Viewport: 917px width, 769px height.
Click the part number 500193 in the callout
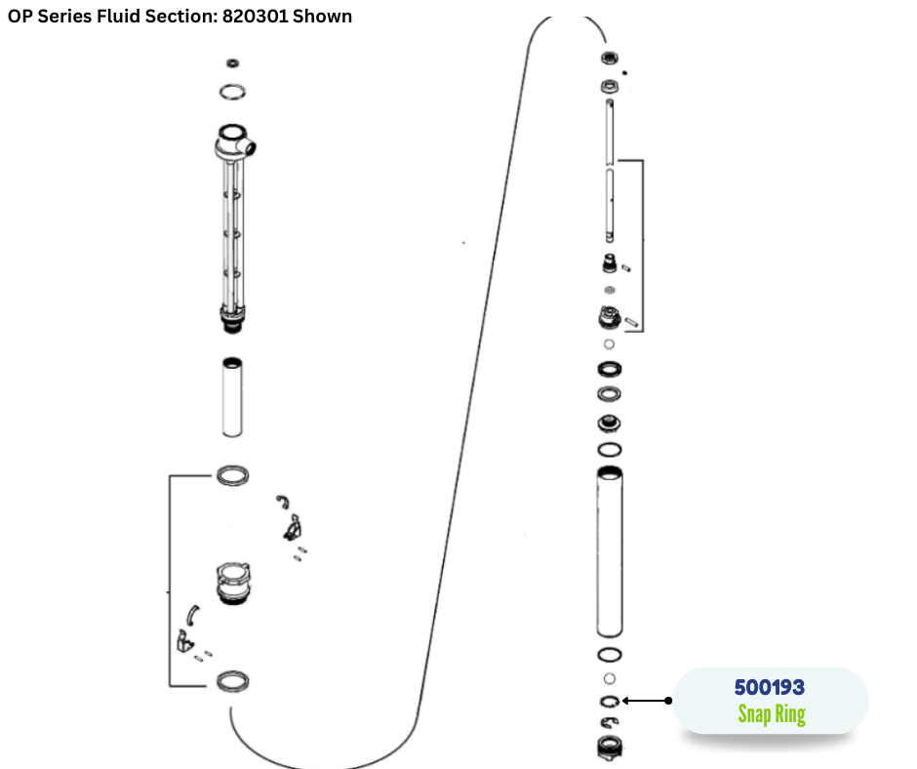pos(769,687)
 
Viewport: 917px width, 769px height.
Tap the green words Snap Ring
pos(772,714)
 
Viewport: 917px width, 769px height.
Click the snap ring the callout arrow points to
pos(610,701)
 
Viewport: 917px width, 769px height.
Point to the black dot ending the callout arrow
pos(668,701)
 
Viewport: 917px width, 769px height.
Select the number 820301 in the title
pos(255,17)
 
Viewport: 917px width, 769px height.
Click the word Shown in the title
pos(322,17)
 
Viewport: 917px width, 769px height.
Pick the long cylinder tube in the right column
pos(610,551)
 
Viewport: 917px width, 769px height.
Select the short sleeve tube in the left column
pos(232,397)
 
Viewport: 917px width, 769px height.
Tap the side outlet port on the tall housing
pos(249,146)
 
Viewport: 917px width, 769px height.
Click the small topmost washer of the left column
pos(232,62)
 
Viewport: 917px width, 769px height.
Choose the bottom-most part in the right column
pos(610,748)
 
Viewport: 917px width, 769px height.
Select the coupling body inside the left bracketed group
pos(233,583)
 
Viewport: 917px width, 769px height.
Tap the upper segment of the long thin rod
pos(610,132)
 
